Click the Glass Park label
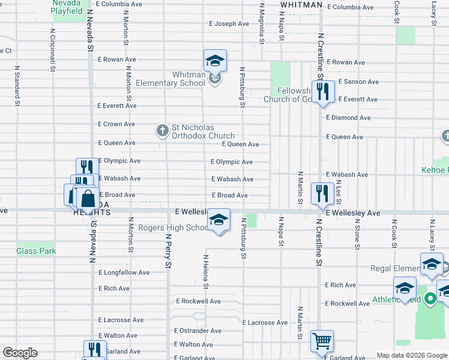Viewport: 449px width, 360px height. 36,251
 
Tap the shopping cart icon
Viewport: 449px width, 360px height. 322,341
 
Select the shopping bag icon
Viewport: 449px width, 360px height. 88,198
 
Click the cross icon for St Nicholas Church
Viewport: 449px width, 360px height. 162,130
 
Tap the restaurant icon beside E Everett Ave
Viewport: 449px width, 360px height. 323,91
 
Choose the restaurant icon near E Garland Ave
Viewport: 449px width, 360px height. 95,350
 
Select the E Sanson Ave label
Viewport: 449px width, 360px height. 358,82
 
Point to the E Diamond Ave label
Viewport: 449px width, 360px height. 349,118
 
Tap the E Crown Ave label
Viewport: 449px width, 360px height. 116,124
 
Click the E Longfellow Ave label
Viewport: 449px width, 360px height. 124,272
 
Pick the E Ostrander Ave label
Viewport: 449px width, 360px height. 198,331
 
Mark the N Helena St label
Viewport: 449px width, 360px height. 205,269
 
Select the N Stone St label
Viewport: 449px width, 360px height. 357,234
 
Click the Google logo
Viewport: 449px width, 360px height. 20,353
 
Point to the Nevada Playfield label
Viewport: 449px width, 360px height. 67,7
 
